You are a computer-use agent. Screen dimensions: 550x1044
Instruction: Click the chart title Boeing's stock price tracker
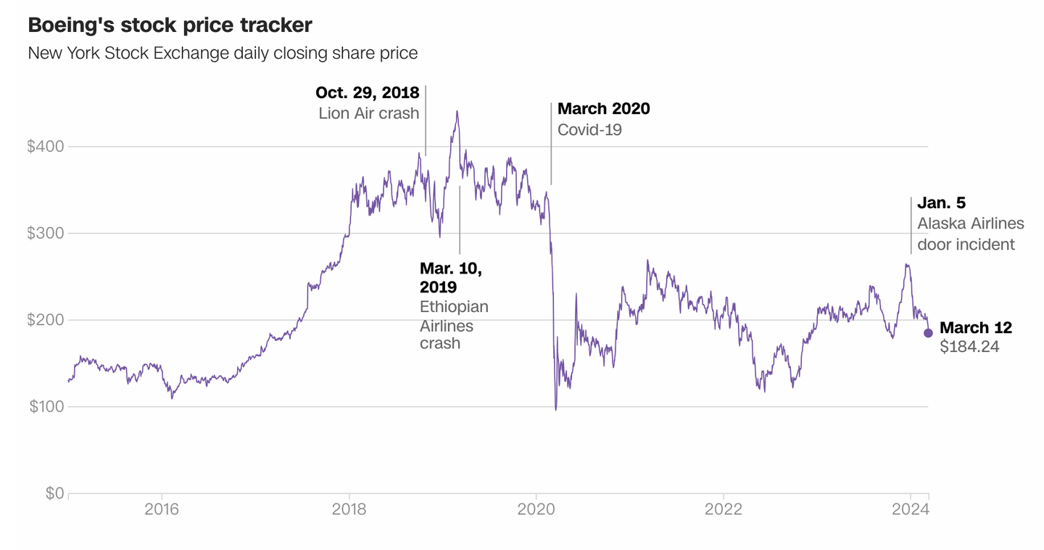[x=170, y=25]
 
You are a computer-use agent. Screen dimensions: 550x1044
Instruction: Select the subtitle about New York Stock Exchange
[x=222, y=53]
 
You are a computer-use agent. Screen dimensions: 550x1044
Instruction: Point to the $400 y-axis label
[x=45, y=147]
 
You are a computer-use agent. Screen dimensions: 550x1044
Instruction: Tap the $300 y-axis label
[x=45, y=234]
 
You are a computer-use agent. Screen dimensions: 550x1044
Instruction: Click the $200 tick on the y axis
[x=45, y=320]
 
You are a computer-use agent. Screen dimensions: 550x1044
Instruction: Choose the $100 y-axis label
[x=46, y=407]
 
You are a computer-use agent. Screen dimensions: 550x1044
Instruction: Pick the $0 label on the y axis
[x=54, y=493]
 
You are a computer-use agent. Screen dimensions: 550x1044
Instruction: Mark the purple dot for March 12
[x=928, y=333]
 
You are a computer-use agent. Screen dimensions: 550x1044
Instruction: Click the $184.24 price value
[x=969, y=347]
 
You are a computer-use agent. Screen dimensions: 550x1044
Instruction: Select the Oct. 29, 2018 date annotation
[x=367, y=93]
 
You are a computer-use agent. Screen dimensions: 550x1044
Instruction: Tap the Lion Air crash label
[x=368, y=113]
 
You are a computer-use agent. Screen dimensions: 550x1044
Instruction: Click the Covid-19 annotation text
[x=589, y=130]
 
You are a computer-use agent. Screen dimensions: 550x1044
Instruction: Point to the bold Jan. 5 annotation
[x=941, y=203]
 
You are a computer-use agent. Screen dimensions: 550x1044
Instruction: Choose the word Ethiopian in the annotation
[x=454, y=306]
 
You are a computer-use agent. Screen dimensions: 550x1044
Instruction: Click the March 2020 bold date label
[x=603, y=109]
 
